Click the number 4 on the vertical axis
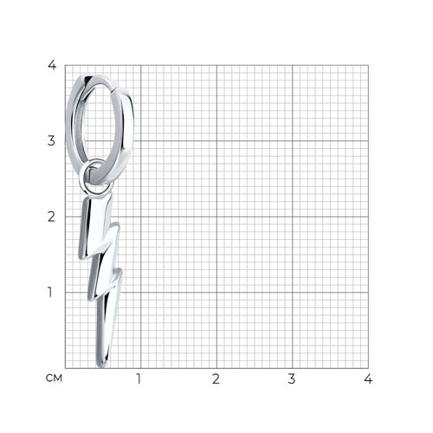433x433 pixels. click(x=52, y=65)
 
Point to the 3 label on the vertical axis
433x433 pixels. click(x=51, y=140)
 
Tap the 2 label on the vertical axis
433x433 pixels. click(x=51, y=216)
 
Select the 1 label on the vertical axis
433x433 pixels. click(x=50, y=292)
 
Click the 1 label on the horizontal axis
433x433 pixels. click(x=139, y=378)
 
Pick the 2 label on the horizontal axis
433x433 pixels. click(x=216, y=378)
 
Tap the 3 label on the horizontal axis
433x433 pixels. click(x=292, y=378)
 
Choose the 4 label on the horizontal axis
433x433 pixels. click(x=368, y=378)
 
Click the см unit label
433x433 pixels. click(x=54, y=378)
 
